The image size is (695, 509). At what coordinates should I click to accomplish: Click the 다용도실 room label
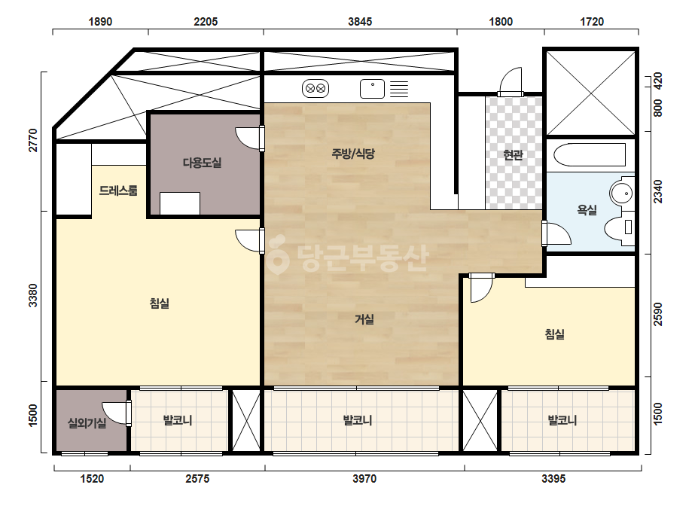pyautogui.click(x=202, y=163)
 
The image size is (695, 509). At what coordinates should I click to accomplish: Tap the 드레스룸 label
pyautogui.click(x=118, y=190)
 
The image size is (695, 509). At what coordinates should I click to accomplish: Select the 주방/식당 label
pyautogui.click(x=353, y=154)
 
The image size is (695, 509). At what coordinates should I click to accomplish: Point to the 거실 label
pyautogui.click(x=364, y=319)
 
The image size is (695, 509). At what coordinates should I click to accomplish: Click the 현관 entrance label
pyautogui.click(x=514, y=155)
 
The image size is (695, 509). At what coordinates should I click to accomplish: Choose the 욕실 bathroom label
pyautogui.click(x=587, y=210)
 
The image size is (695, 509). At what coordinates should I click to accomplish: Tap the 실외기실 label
pyautogui.click(x=87, y=423)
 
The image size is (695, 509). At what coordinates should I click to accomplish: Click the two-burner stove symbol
pyautogui.click(x=315, y=89)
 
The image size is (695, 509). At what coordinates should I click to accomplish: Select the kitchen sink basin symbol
pyautogui.click(x=372, y=89)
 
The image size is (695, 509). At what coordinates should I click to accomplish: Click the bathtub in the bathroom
pyautogui.click(x=590, y=155)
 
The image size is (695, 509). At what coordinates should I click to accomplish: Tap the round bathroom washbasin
pyautogui.click(x=621, y=194)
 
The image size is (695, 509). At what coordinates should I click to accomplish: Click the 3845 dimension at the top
pyautogui.click(x=360, y=21)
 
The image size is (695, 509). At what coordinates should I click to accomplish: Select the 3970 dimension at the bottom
pyautogui.click(x=364, y=478)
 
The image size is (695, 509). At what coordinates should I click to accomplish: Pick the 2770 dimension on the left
pyautogui.click(x=34, y=140)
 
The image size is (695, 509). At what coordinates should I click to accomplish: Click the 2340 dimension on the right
pyautogui.click(x=658, y=191)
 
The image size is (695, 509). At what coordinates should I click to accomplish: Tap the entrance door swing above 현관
pyautogui.click(x=511, y=81)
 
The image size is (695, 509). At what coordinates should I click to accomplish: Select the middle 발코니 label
pyautogui.click(x=357, y=420)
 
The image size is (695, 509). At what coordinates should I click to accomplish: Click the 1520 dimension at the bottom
pyautogui.click(x=92, y=478)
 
